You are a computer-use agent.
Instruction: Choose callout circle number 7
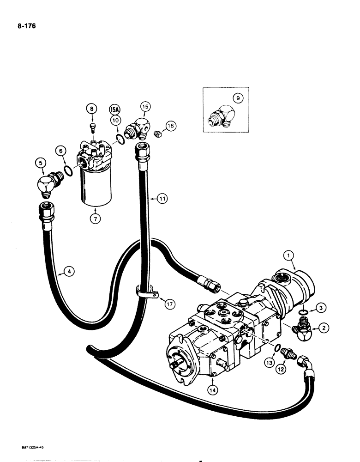click(x=96, y=219)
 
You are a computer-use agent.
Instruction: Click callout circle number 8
click(x=92, y=109)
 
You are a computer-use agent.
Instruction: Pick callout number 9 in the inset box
click(x=237, y=98)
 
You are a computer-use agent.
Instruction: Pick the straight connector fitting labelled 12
click(x=289, y=355)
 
